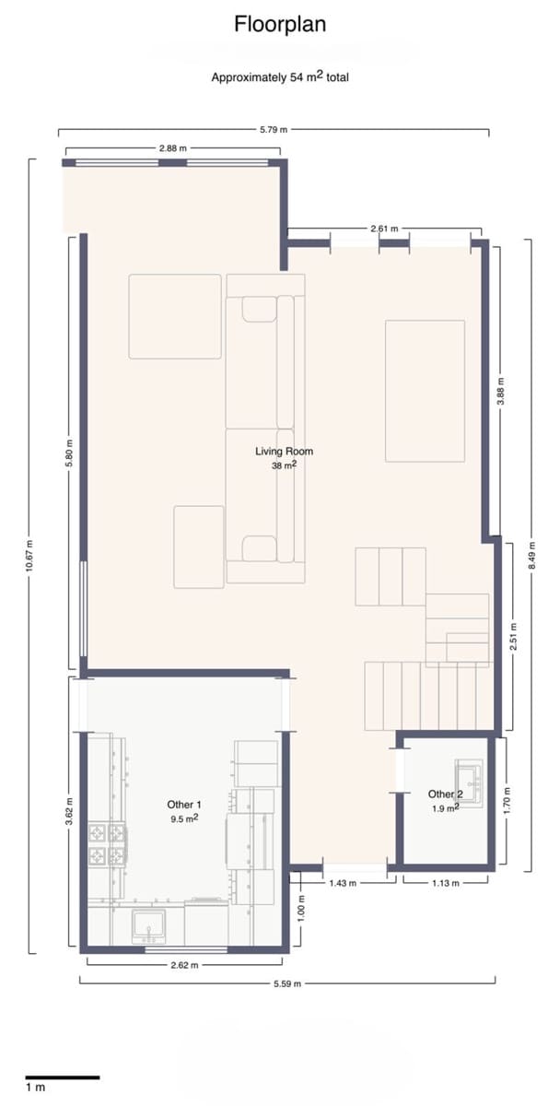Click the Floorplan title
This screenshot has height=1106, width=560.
tap(279, 24)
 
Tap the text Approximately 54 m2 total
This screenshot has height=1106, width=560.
tap(279, 77)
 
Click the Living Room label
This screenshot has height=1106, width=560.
tap(284, 452)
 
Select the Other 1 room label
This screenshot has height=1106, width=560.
tap(184, 804)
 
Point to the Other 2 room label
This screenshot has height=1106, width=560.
tap(446, 794)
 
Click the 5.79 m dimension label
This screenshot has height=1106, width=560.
tap(274, 131)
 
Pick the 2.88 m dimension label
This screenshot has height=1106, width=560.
tap(172, 147)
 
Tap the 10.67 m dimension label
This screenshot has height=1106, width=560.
tap(29, 556)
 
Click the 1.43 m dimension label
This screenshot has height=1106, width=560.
tap(342, 882)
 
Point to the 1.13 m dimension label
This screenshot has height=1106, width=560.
tap(445, 882)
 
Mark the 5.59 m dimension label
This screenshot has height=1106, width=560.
tap(286, 983)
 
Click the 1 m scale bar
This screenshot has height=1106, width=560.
tap(61, 1077)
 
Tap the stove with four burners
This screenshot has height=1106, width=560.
tap(106, 845)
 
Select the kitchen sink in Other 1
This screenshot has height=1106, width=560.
tap(147, 924)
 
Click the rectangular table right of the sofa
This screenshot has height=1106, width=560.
tap(425, 390)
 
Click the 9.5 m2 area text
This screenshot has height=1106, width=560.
tap(184, 818)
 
